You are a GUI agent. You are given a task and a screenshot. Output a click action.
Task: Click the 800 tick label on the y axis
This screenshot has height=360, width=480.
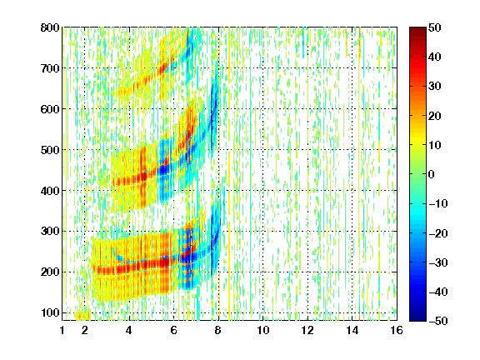point(50,27)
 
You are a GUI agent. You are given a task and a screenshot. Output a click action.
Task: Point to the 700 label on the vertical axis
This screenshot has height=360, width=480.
point(50,68)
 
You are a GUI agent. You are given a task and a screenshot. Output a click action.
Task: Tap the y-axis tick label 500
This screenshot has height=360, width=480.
point(50,150)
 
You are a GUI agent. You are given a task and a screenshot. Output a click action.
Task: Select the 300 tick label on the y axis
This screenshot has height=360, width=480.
point(50,232)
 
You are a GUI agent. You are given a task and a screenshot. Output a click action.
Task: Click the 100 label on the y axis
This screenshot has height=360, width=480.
point(50,313)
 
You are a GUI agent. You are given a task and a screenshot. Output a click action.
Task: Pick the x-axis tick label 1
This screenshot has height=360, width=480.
point(62,330)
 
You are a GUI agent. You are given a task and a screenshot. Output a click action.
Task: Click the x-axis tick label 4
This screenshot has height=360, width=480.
point(128,330)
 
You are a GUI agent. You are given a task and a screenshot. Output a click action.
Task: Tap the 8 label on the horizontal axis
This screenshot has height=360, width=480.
point(218,330)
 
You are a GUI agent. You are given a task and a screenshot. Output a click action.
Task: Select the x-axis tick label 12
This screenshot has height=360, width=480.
point(307,330)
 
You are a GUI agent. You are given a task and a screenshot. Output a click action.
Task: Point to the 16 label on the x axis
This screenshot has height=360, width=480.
point(397,330)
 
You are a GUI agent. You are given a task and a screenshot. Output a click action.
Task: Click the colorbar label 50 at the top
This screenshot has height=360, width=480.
point(435,27)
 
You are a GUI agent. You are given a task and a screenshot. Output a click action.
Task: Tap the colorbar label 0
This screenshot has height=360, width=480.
point(432,174)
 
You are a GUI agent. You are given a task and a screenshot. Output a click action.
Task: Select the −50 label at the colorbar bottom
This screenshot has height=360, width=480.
point(438,321)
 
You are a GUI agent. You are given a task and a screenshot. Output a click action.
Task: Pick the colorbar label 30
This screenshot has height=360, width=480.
point(435,87)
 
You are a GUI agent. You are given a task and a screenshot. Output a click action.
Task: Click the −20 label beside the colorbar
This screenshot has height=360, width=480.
point(438,233)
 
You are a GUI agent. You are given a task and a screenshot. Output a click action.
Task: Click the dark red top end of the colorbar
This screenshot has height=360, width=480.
point(417,29)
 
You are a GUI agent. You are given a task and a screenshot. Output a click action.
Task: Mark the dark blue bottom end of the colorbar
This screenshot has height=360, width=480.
point(417,319)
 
